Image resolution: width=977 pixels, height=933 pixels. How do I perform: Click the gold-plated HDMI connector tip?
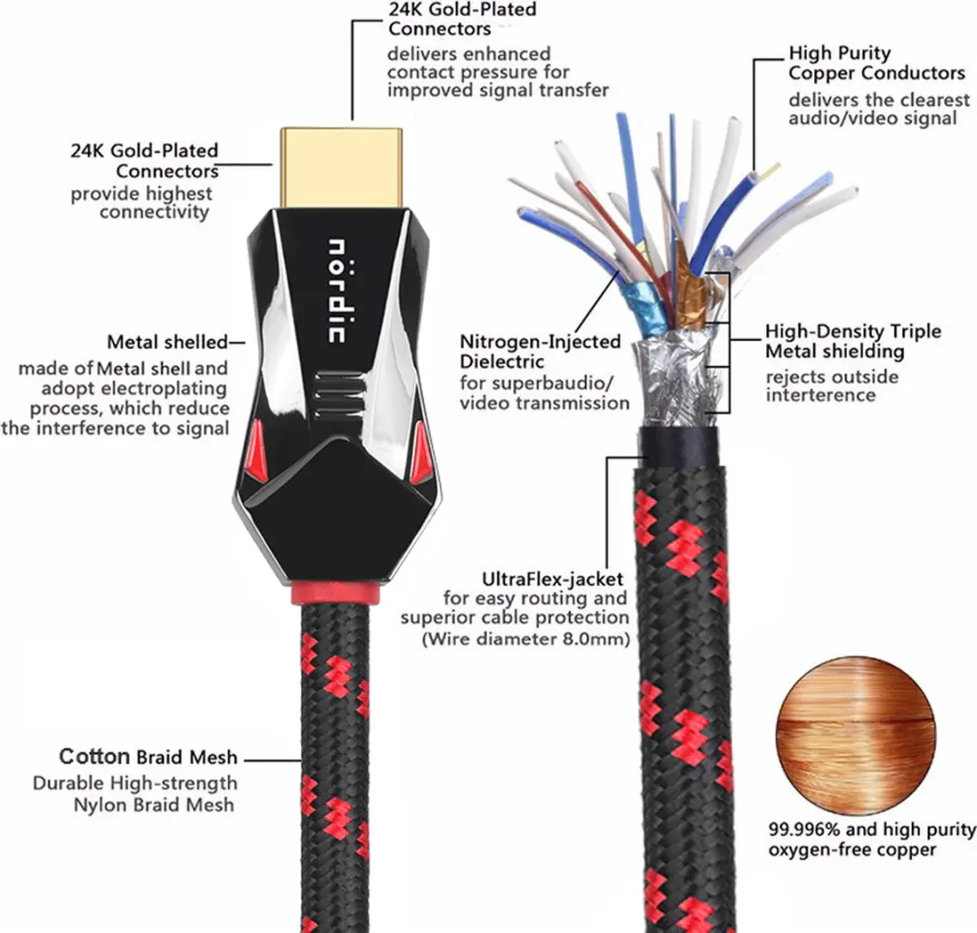341,169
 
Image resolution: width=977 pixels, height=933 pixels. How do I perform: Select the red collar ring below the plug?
336,594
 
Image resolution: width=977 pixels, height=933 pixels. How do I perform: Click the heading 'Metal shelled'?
167,342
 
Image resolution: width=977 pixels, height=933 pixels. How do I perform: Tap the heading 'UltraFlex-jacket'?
552,580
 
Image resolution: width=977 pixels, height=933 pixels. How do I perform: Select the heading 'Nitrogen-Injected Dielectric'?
540,352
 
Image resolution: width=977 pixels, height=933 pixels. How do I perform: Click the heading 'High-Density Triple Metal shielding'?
853,342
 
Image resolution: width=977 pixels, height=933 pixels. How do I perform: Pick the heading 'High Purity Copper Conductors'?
877,63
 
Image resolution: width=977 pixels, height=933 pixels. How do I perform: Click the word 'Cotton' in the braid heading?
94,756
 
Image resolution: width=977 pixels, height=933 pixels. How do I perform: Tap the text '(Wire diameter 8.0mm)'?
526,639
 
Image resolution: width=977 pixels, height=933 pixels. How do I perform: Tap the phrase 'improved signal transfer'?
498,90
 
